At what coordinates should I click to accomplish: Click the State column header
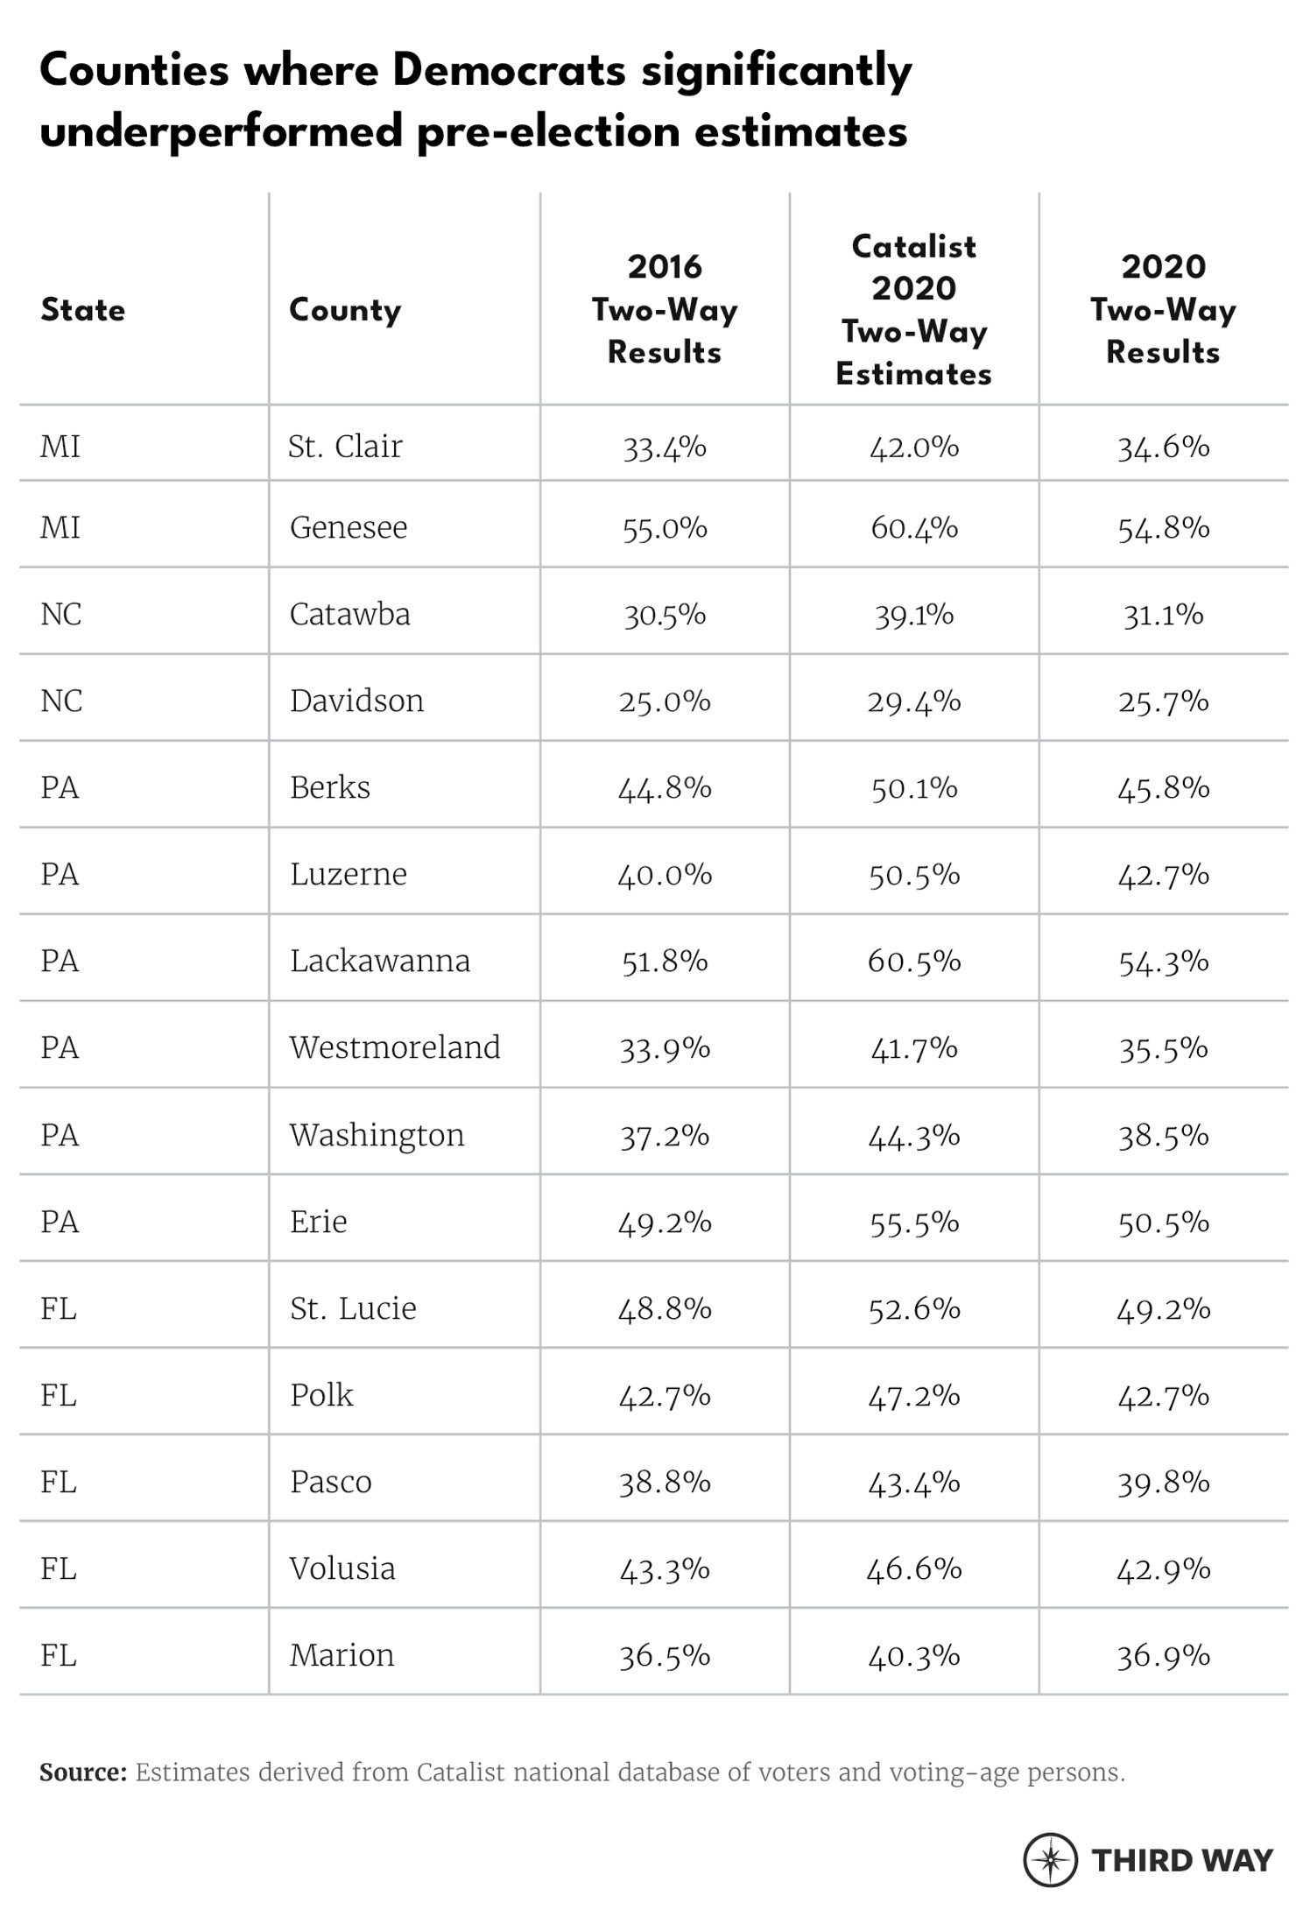pyautogui.click(x=83, y=310)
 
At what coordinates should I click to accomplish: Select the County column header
pyautogui.click(x=345, y=310)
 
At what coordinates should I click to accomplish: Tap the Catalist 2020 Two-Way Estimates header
pyautogui.click(x=913, y=310)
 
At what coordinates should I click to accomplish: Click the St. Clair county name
pyautogui.click(x=345, y=447)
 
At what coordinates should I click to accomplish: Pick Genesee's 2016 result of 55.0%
pyautogui.click(x=665, y=528)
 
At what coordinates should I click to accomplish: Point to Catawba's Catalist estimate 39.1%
pyautogui.click(x=913, y=615)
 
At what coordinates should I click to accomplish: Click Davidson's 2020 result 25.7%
pyautogui.click(x=1163, y=701)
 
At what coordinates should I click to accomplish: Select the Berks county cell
pyautogui.click(x=330, y=788)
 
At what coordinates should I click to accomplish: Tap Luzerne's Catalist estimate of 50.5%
pyautogui.click(x=913, y=875)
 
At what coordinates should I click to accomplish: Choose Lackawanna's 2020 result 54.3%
pyautogui.click(x=1163, y=962)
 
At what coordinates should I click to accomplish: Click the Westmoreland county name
pyautogui.click(x=395, y=1047)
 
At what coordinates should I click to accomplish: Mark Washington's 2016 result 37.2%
pyautogui.click(x=665, y=1135)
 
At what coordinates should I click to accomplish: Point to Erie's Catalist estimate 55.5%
pyautogui.click(x=913, y=1222)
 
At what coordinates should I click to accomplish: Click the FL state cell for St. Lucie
pyautogui.click(x=59, y=1308)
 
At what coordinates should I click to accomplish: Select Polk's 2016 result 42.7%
pyautogui.click(x=665, y=1395)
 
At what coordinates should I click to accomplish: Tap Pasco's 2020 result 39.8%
pyautogui.click(x=1163, y=1482)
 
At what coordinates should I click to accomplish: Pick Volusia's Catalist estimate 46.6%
pyautogui.click(x=913, y=1568)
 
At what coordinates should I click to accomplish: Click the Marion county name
pyautogui.click(x=342, y=1655)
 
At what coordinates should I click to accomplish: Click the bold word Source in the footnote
pyautogui.click(x=83, y=1772)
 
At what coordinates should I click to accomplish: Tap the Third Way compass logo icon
pyautogui.click(x=1050, y=1859)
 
